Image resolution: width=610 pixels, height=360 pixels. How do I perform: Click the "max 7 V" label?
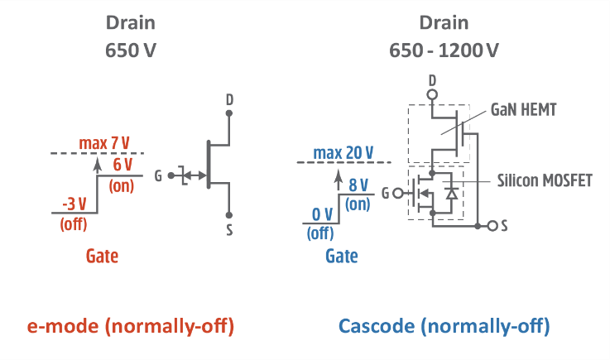click(104, 143)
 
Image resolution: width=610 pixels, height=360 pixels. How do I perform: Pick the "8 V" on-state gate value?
click(358, 186)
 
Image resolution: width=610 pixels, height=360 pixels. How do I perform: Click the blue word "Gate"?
click(341, 257)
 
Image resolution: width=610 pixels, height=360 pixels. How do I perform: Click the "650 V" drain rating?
click(132, 50)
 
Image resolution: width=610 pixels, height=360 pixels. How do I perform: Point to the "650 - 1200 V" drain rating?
click(444, 50)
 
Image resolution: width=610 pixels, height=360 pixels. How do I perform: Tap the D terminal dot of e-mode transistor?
click(229, 113)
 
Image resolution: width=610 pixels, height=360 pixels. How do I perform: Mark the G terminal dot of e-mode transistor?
click(170, 175)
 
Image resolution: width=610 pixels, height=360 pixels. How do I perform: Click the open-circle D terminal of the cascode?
click(432, 95)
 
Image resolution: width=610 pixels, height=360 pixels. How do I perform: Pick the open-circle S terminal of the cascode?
click(494, 225)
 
